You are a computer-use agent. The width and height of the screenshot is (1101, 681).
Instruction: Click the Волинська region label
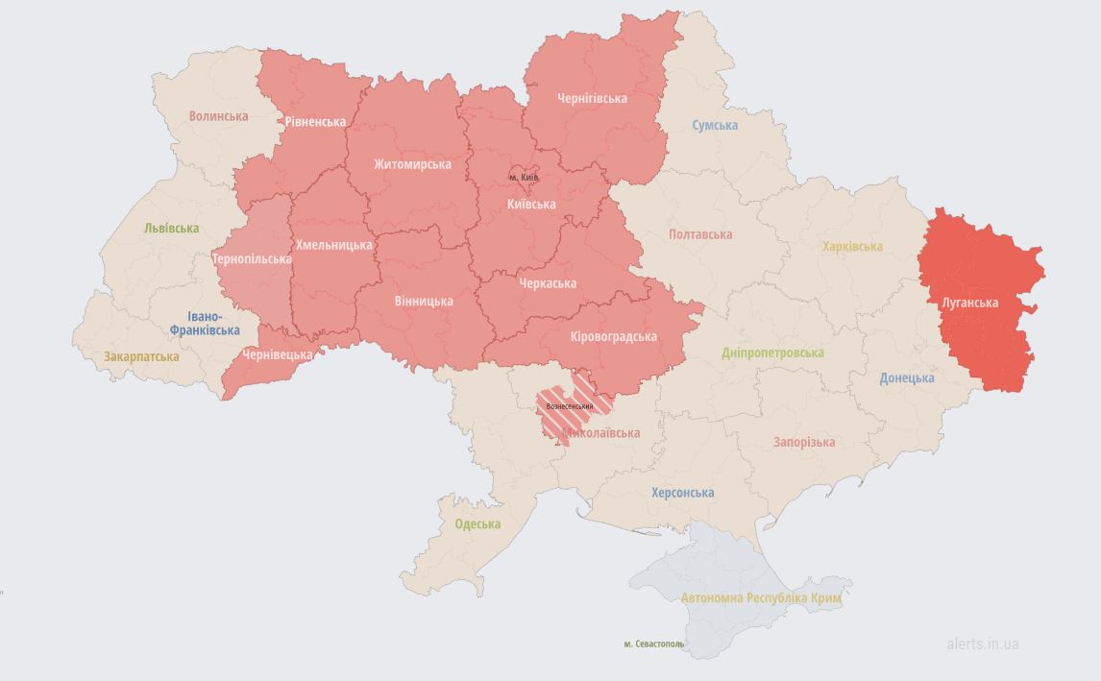click(x=218, y=116)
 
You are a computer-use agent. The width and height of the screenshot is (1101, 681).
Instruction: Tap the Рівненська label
click(x=315, y=122)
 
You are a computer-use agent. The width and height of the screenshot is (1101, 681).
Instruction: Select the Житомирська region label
click(x=412, y=164)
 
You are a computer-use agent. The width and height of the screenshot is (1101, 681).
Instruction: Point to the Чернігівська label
click(x=592, y=98)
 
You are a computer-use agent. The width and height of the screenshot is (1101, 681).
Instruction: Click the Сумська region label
click(x=715, y=125)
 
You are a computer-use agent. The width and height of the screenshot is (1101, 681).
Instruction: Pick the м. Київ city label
click(x=524, y=177)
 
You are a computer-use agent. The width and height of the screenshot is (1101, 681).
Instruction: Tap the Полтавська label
click(x=700, y=234)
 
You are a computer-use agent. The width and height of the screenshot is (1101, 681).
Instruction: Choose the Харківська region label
click(x=852, y=246)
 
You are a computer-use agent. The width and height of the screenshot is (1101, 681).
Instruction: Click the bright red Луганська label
click(x=969, y=303)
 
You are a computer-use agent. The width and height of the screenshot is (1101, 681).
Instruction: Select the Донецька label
click(x=907, y=377)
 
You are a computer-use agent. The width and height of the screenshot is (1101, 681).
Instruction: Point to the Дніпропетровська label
click(x=772, y=353)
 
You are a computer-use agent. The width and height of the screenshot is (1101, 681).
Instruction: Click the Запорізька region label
click(x=804, y=442)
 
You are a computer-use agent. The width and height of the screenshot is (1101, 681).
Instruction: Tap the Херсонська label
click(x=682, y=493)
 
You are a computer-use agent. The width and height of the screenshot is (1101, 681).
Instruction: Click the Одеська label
click(x=477, y=523)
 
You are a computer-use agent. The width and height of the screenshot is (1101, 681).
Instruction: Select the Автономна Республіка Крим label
click(x=761, y=597)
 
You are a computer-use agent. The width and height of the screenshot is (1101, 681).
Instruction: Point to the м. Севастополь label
click(x=653, y=644)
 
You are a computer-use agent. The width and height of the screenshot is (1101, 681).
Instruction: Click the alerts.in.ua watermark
click(x=982, y=644)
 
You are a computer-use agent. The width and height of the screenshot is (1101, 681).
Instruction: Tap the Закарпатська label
click(x=141, y=356)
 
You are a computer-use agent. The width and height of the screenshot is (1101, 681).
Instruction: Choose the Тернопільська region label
click(x=252, y=259)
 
